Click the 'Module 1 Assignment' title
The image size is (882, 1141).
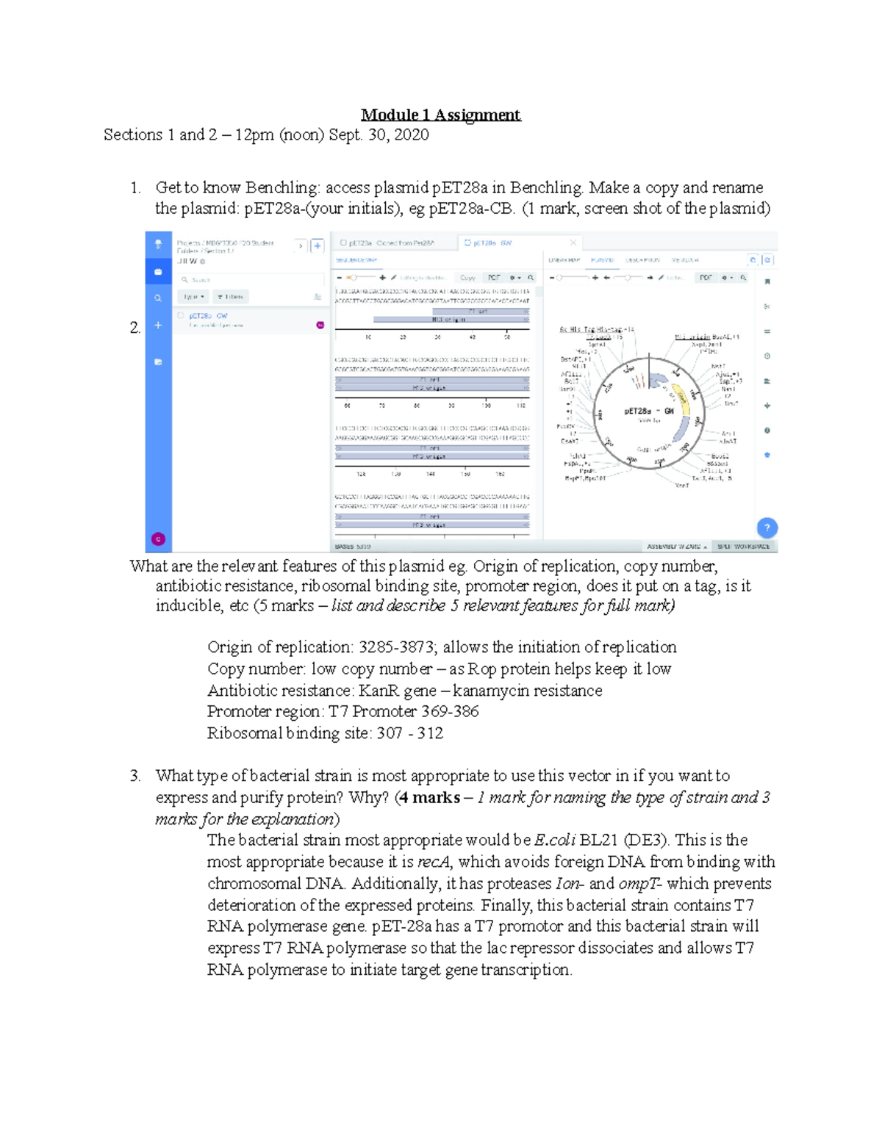pos(440,115)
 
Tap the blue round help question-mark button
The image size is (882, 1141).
pos(767,528)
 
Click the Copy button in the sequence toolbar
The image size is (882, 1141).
pos(467,278)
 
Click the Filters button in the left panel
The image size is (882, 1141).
pos(231,297)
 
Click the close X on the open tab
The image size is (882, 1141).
pos(573,242)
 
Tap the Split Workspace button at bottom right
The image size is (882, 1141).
pos(743,547)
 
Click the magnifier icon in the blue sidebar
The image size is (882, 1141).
pos(158,298)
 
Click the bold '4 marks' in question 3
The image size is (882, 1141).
pos(429,798)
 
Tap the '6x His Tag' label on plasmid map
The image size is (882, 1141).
pos(576,330)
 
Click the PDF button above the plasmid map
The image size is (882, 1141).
pos(706,278)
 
